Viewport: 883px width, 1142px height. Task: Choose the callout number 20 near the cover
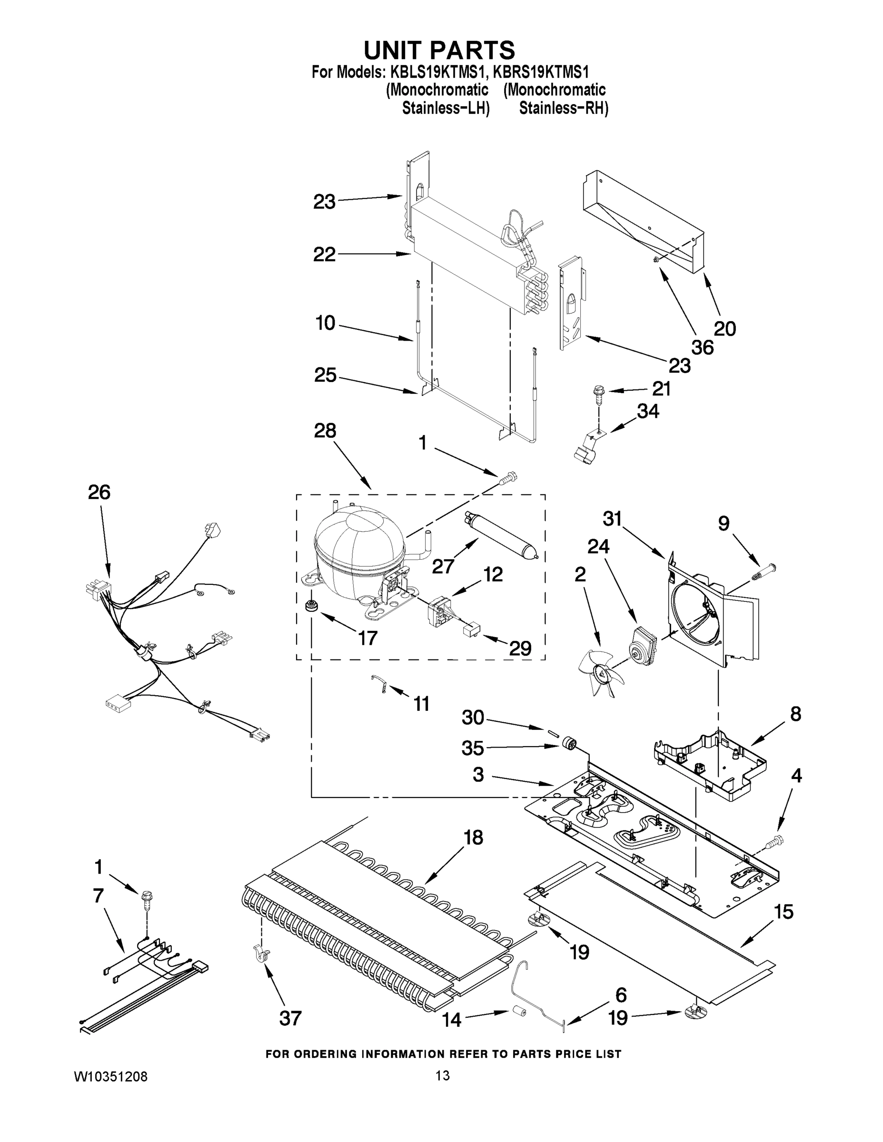(x=724, y=328)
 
